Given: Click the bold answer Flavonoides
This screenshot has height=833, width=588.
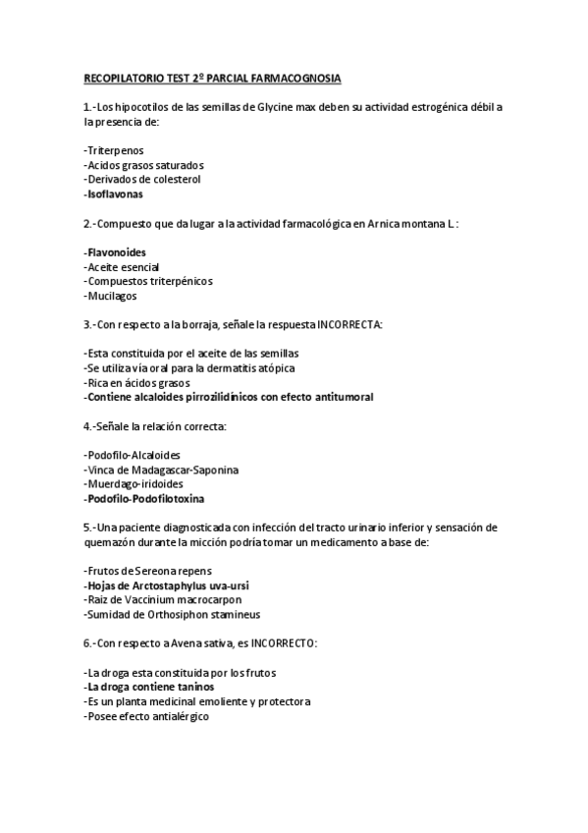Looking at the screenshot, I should [x=116, y=252].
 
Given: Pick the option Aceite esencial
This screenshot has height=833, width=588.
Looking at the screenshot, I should [x=122, y=267].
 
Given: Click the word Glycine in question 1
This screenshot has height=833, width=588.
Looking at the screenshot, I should [x=278, y=107].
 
